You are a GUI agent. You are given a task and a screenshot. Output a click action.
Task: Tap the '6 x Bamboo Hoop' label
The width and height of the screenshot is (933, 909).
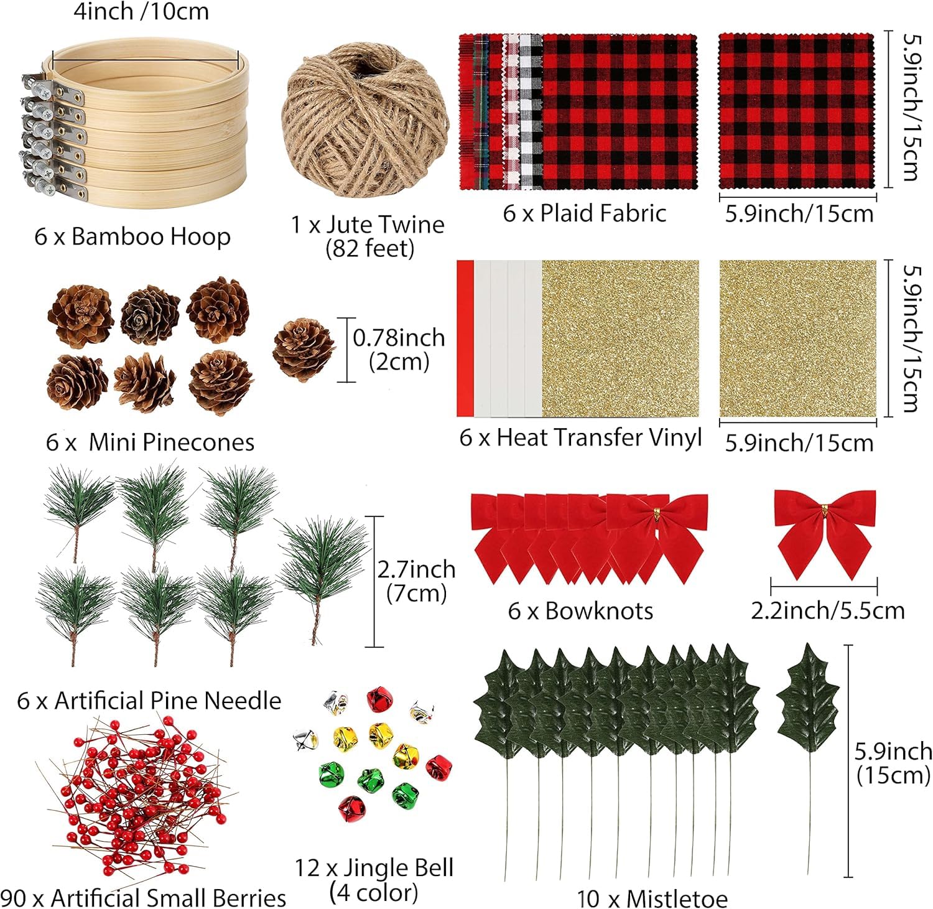(132, 237)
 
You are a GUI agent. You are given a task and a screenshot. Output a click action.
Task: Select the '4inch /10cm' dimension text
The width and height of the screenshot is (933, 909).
(141, 12)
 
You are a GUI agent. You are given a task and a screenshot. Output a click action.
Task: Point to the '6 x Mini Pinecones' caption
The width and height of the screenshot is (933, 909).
(150, 442)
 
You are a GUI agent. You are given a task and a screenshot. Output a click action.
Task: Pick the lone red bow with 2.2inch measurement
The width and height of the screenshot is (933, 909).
(825, 532)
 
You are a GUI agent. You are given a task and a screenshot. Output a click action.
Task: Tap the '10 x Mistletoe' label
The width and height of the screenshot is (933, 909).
(651, 898)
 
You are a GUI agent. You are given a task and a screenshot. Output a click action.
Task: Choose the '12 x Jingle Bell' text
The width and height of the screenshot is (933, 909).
(374, 867)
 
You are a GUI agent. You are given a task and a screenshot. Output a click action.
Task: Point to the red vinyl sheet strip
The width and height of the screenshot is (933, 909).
(465, 338)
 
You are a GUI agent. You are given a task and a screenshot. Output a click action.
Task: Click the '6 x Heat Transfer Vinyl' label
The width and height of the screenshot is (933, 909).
(580, 437)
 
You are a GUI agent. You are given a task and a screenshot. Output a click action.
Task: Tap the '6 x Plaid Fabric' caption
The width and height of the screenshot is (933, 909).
(584, 213)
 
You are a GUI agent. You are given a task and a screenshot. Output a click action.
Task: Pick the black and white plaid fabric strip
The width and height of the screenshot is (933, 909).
(531, 112)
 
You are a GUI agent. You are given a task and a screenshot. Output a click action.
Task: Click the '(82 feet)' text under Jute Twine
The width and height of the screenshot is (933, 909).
(369, 249)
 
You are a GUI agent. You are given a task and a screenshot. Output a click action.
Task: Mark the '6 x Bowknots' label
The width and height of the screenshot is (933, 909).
(580, 611)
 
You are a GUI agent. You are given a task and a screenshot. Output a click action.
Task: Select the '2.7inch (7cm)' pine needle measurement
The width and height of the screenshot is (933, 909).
(416, 581)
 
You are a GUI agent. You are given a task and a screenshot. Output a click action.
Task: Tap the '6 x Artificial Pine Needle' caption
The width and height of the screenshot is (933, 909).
(149, 701)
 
